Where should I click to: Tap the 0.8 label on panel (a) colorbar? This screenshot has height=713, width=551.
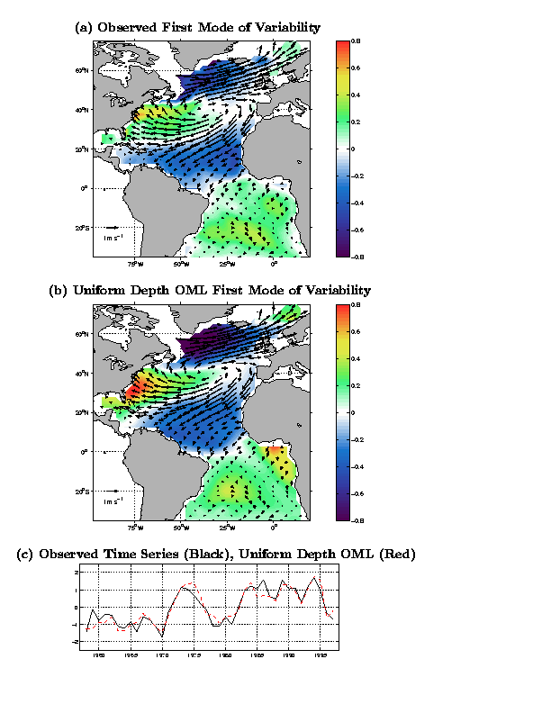(x=356, y=41)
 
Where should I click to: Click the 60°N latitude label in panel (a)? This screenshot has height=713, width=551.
(x=81, y=70)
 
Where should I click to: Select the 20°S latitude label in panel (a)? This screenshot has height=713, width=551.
(x=81, y=228)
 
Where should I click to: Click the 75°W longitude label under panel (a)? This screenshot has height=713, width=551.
(x=135, y=265)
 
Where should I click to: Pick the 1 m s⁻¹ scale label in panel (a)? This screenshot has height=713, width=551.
(x=112, y=238)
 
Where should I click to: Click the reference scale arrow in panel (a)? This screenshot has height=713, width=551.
(x=111, y=228)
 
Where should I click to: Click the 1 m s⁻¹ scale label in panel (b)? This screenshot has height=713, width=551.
(x=112, y=501)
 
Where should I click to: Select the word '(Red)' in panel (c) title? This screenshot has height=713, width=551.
(x=397, y=554)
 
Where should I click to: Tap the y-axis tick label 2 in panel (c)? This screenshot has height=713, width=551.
(x=78, y=573)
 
